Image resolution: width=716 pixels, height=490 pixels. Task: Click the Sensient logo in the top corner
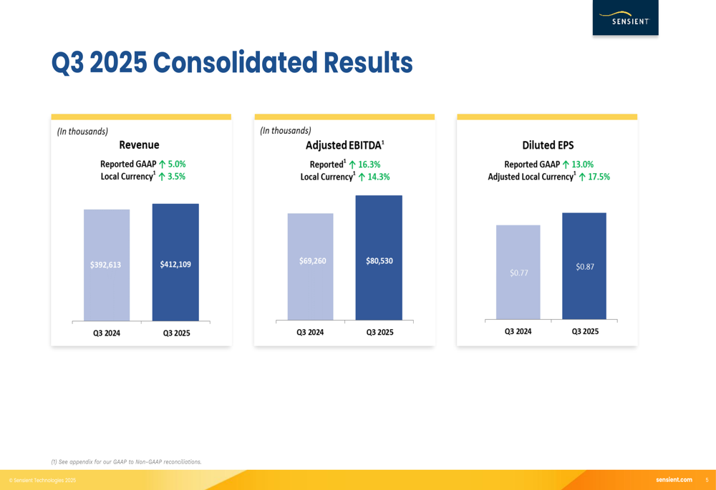[625, 18]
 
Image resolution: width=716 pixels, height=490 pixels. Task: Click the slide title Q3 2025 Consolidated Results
[231, 63]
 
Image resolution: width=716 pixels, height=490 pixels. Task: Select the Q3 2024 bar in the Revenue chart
[107, 265]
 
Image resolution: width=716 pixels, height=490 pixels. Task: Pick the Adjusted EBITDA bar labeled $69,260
[310, 266]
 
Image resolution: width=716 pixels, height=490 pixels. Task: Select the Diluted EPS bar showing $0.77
[518, 272]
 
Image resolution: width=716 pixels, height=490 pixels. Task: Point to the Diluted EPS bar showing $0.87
[584, 265]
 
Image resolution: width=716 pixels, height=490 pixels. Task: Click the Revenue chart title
[139, 145]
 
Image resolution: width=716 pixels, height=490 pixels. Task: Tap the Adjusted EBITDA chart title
[344, 145]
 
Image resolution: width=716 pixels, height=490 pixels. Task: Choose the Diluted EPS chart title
[548, 145]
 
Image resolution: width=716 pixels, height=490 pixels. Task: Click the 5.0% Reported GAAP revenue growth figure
[176, 165]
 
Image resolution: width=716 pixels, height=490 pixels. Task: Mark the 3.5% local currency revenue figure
[176, 177]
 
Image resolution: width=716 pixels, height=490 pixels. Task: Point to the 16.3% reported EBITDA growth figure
[369, 165]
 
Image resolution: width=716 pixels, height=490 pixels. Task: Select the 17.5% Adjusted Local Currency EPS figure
[599, 177]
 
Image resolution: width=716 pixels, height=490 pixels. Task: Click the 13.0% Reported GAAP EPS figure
[582, 165]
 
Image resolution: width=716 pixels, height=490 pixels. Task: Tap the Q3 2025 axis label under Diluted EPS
[585, 331]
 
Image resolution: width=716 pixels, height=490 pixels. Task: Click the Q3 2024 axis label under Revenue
[107, 333]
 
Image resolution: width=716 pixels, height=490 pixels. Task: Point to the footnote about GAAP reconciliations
[126, 462]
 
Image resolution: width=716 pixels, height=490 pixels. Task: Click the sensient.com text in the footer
[674, 480]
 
